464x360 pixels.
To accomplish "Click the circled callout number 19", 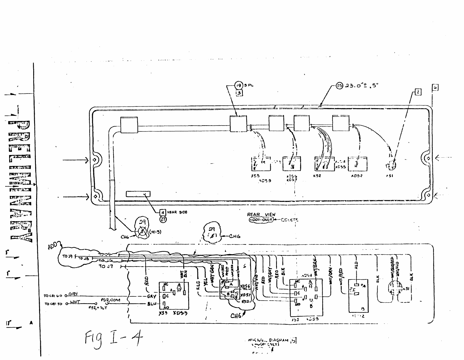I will click(238, 86).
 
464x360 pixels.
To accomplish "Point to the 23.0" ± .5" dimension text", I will click(361, 86).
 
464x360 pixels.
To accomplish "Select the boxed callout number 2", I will click(418, 92).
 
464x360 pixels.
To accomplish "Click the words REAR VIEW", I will click(261, 215).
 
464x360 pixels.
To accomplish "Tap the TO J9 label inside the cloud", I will click(66, 256).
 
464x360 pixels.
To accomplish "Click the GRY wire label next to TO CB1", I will click(73, 294).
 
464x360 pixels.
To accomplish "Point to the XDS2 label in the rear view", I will click(357, 176).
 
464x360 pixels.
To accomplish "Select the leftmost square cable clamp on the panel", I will click(129, 125).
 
